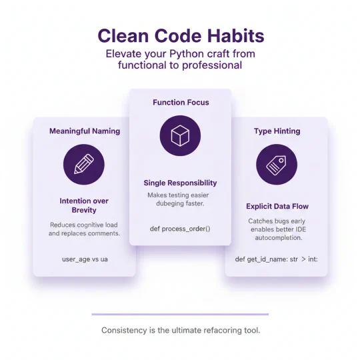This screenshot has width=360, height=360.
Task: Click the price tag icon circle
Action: tap(276, 165)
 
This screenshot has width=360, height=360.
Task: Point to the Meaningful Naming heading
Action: tap(85, 131)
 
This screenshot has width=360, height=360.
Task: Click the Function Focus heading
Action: tap(181, 103)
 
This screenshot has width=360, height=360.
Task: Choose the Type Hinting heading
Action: tap(276, 131)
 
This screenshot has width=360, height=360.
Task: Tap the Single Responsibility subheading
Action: tap(180, 183)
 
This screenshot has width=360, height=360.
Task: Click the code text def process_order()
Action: tap(180, 229)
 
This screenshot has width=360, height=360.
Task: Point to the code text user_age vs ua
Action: tap(84, 259)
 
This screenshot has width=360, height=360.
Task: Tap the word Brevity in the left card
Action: tap(84, 210)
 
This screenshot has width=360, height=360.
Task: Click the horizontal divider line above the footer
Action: tap(180, 314)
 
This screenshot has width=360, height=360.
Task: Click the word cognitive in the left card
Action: tap(97, 225)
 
